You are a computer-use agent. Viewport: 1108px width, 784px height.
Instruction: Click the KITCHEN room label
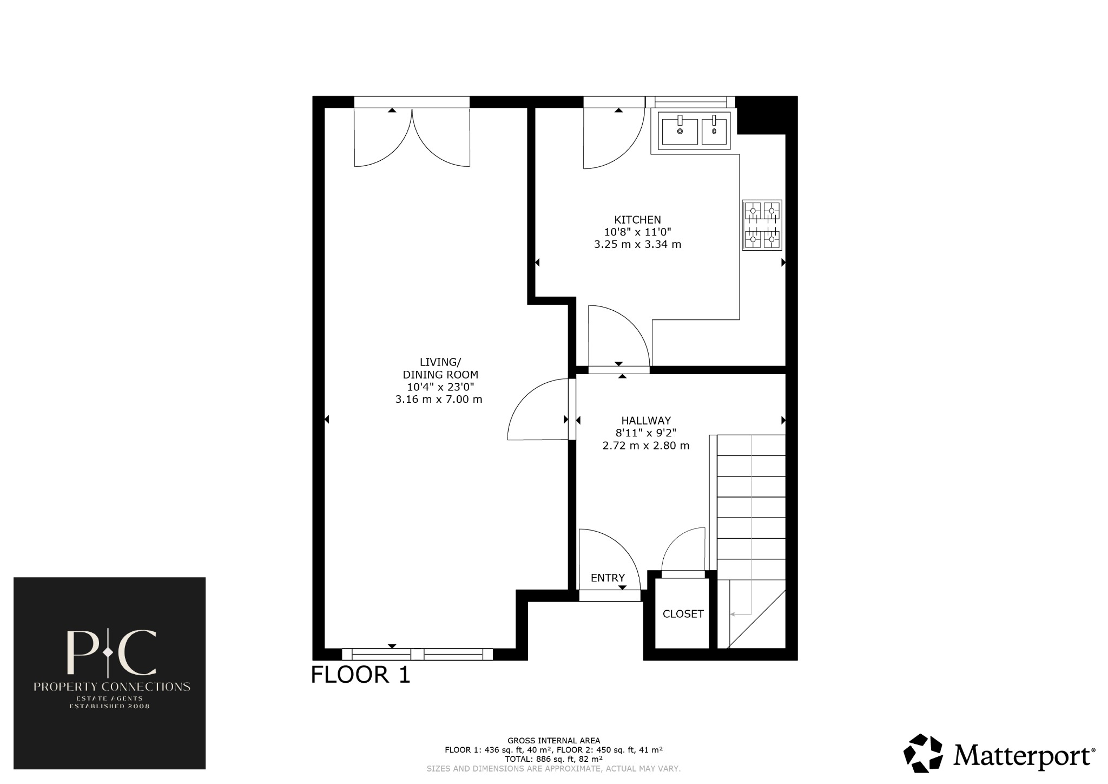pos(637,220)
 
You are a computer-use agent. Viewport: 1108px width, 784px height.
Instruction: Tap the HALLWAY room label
pos(645,420)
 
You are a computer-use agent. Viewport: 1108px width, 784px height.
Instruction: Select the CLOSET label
pos(683,613)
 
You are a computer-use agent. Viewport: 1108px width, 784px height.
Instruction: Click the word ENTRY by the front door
pos(608,578)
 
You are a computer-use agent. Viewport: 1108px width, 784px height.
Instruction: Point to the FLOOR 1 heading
pos(360,675)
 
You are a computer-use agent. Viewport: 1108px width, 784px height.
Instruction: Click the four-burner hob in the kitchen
pos(762,225)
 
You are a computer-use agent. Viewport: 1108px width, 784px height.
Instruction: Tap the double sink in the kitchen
pos(694,130)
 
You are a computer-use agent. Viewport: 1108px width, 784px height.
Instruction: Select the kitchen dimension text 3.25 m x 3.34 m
pos(637,244)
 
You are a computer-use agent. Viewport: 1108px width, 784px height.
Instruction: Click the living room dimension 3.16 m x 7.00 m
pos(438,400)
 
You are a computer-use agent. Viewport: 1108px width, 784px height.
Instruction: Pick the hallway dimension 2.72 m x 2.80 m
pos(645,446)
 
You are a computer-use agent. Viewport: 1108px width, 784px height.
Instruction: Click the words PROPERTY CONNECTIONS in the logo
pos(111,687)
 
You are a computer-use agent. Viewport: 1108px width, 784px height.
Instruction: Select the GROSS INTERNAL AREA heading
pos(553,740)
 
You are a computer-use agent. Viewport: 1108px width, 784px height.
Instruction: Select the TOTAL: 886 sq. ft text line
pos(553,759)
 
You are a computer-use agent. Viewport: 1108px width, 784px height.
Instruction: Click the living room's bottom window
pos(417,654)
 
